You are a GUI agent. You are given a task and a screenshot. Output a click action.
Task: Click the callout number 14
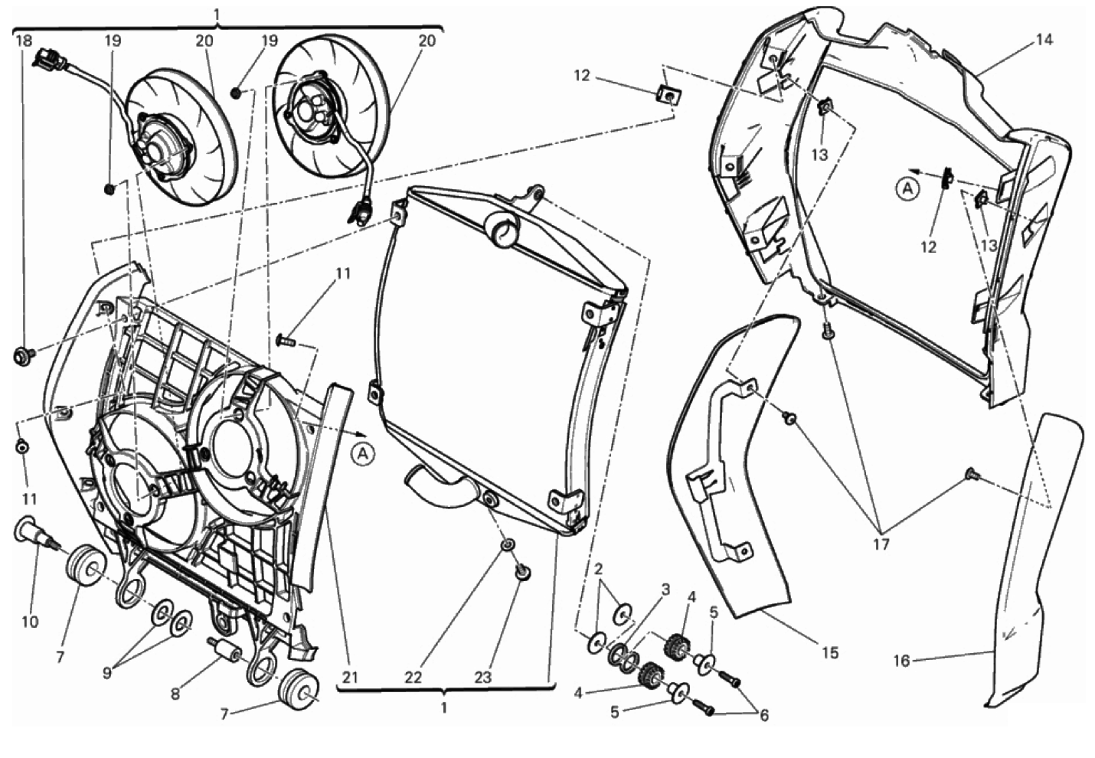click(x=1044, y=40)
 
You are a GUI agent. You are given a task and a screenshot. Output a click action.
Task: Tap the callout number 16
click(x=902, y=660)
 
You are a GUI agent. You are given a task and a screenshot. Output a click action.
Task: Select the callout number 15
click(x=830, y=652)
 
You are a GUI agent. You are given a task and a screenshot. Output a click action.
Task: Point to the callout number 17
click(x=881, y=544)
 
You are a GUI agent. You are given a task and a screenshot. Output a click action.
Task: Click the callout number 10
click(x=29, y=622)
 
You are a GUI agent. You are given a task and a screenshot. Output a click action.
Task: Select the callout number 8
click(x=175, y=694)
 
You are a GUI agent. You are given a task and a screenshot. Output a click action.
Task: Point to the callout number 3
click(x=665, y=590)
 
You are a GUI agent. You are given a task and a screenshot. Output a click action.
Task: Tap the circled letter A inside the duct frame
click(x=907, y=188)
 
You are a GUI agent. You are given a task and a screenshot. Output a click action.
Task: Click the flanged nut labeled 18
click(x=22, y=354)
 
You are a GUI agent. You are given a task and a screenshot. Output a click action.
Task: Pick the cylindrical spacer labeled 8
click(x=224, y=651)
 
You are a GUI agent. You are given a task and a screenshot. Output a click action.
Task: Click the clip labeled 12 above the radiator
click(x=668, y=94)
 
